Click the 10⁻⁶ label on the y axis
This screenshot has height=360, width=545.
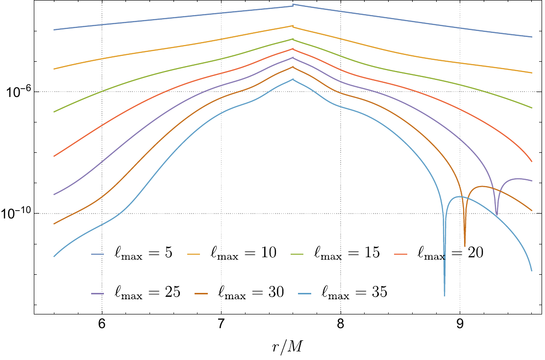point(17,91)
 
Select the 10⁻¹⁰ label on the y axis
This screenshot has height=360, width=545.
point(17,213)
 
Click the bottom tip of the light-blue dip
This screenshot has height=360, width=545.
point(445,295)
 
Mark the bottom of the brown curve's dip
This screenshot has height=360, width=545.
point(465,246)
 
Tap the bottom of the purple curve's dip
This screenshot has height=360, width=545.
point(497,215)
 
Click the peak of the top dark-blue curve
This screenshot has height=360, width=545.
point(293,5)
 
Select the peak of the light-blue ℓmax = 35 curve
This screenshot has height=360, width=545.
point(293,79)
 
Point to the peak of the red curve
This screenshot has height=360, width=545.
point(293,48)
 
